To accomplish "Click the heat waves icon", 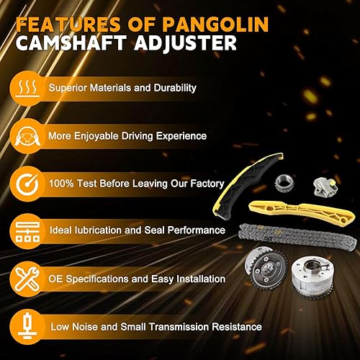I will tap(25, 89).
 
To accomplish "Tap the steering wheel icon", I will tap(25, 135).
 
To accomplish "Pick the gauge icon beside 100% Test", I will tap(25, 183).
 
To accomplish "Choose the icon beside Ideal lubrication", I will tap(25, 230).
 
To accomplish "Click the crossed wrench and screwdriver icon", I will tap(25, 278).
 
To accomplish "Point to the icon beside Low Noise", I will tap(25, 325).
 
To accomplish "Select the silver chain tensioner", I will tap(325, 187).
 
